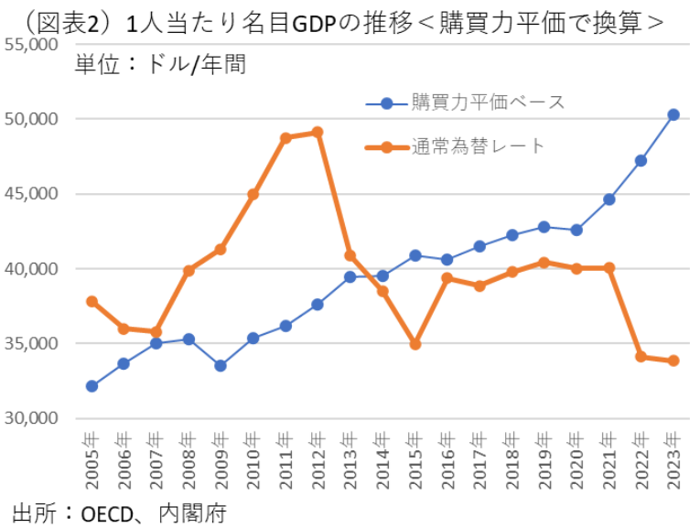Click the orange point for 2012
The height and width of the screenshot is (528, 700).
pyautogui.click(x=318, y=132)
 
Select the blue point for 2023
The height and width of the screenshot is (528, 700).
pyautogui.click(x=673, y=114)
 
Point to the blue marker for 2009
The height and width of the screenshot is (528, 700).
pyautogui.click(x=221, y=365)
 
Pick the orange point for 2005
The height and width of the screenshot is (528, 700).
pyautogui.click(x=92, y=301)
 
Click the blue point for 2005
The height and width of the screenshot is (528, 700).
pyautogui.click(x=92, y=386)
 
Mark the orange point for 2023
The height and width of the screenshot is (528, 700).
pyautogui.click(x=673, y=361)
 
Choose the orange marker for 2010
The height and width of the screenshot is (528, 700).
pyautogui.click(x=253, y=194)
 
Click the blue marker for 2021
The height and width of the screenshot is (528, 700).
pyautogui.click(x=609, y=199)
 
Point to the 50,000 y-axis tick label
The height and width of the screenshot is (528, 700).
pyautogui.click(x=32, y=119)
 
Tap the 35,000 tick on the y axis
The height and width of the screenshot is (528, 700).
pyautogui.click(x=32, y=344)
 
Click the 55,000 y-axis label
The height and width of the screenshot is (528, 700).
pyautogui.click(x=32, y=44)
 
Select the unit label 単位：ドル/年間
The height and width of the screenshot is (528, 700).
pyautogui.click(x=161, y=65)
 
